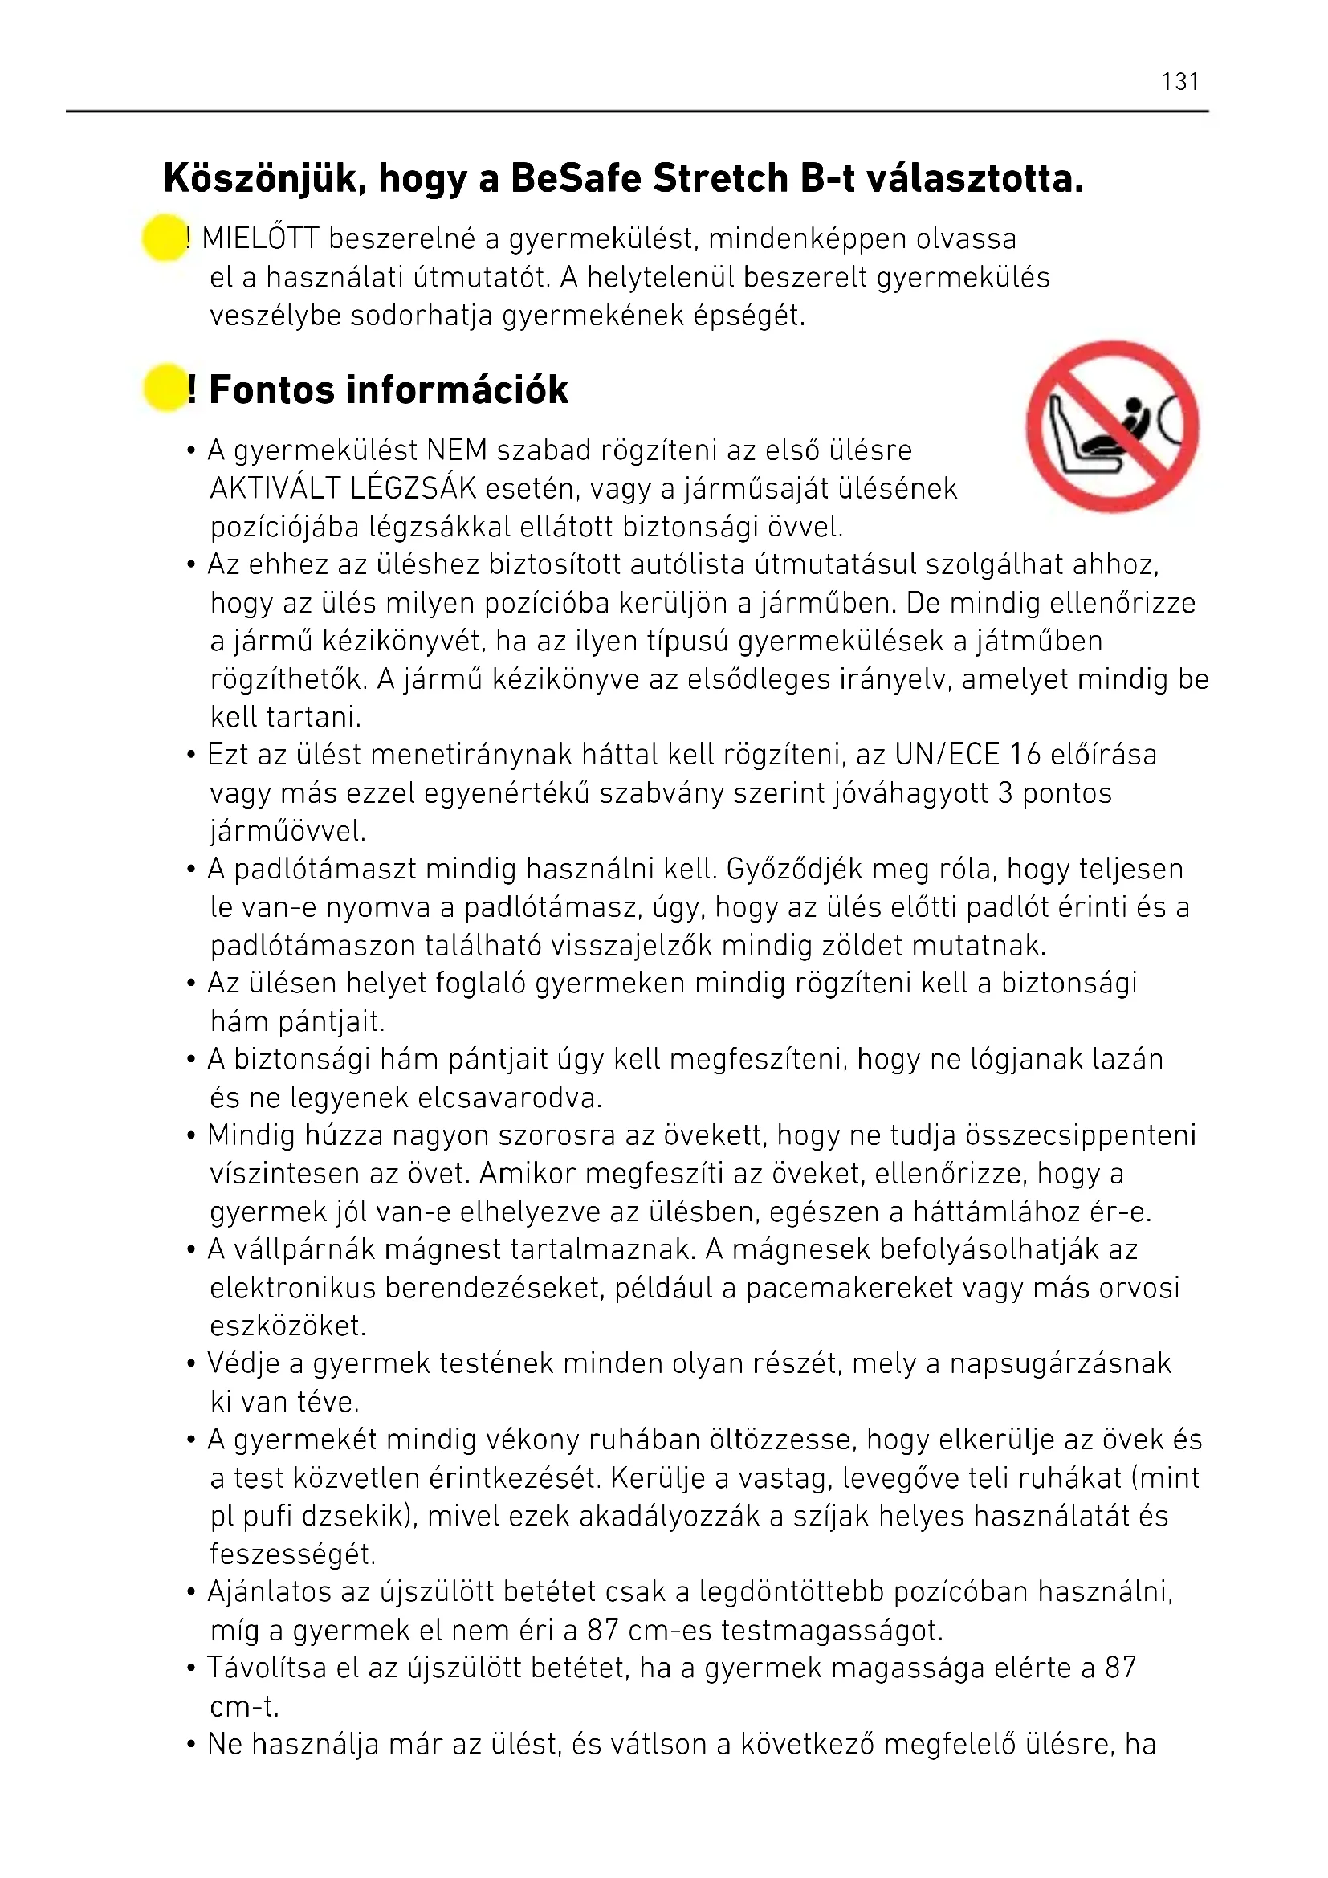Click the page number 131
(x=1179, y=82)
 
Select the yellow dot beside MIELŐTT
(x=165, y=238)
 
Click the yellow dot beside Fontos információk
(x=165, y=388)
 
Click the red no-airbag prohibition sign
(x=1112, y=427)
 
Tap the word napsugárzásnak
(x=1060, y=1363)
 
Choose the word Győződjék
(x=794, y=869)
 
